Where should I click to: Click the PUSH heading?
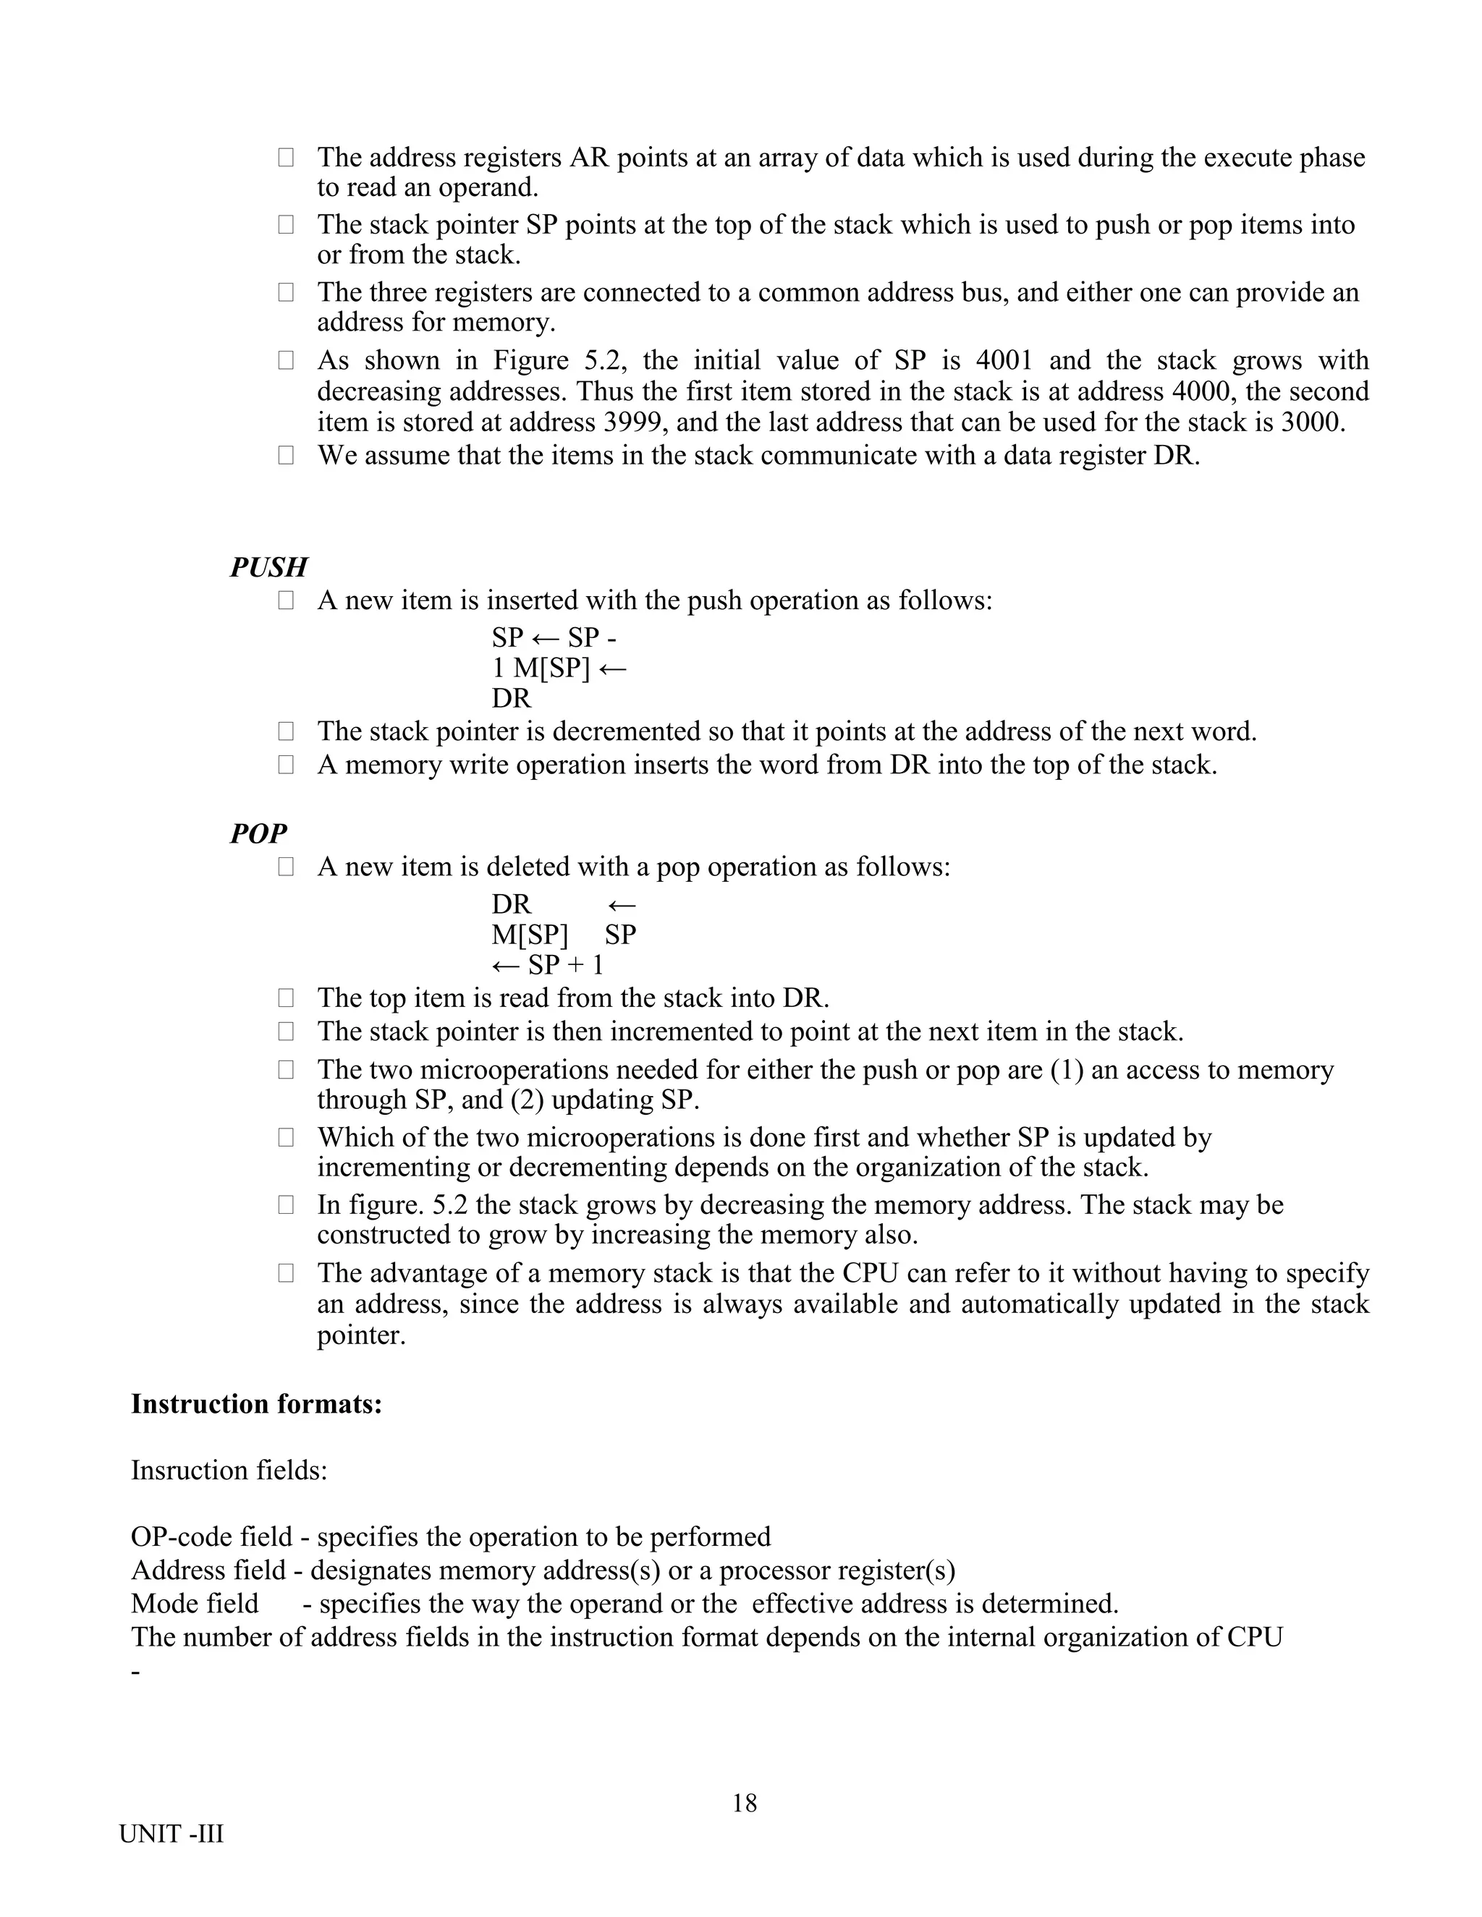click(x=268, y=567)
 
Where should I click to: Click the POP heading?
click(x=258, y=833)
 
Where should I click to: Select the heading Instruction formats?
click(x=256, y=1403)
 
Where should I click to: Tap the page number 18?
click(x=744, y=1803)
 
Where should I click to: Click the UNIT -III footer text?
click(x=172, y=1834)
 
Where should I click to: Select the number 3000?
click(x=1312, y=422)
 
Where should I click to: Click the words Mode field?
click(x=195, y=1604)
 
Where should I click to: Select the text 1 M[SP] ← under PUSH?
click(x=559, y=669)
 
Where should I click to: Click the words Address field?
click(x=209, y=1570)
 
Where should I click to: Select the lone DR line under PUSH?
click(x=511, y=700)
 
